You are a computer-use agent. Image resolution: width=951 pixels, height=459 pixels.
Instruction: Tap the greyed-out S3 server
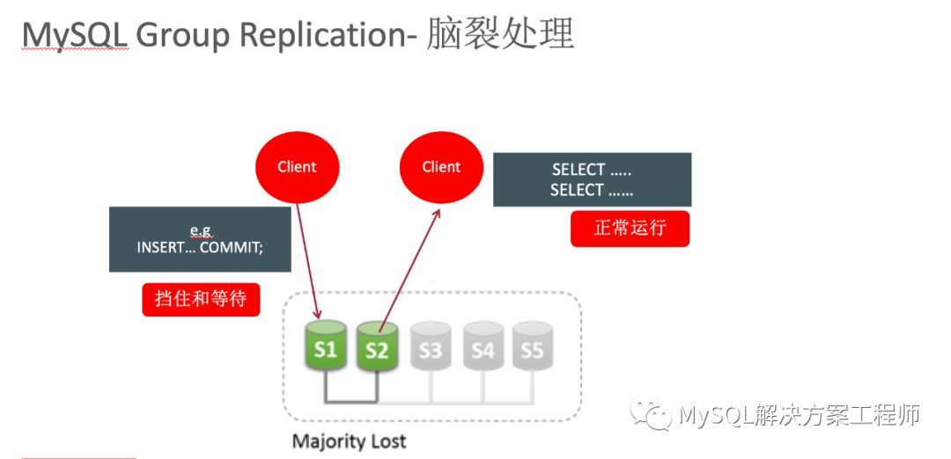tap(430, 349)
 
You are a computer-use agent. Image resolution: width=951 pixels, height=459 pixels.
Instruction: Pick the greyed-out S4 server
tap(483, 349)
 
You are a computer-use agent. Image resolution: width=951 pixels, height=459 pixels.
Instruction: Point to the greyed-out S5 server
tap(533, 349)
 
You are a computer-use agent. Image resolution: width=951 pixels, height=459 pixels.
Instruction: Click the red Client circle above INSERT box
tap(297, 166)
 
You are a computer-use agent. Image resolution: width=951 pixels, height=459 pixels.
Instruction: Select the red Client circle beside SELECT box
tap(441, 166)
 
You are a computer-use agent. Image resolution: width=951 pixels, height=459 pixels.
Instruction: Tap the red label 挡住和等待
tap(201, 299)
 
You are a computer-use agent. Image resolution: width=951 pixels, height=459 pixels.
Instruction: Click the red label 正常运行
tap(630, 229)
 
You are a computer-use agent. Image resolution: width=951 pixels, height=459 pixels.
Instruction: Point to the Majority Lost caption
tap(349, 440)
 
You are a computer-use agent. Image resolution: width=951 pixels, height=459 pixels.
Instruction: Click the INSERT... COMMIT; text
tap(200, 248)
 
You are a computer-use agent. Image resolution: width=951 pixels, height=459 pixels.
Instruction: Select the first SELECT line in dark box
tap(591, 170)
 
